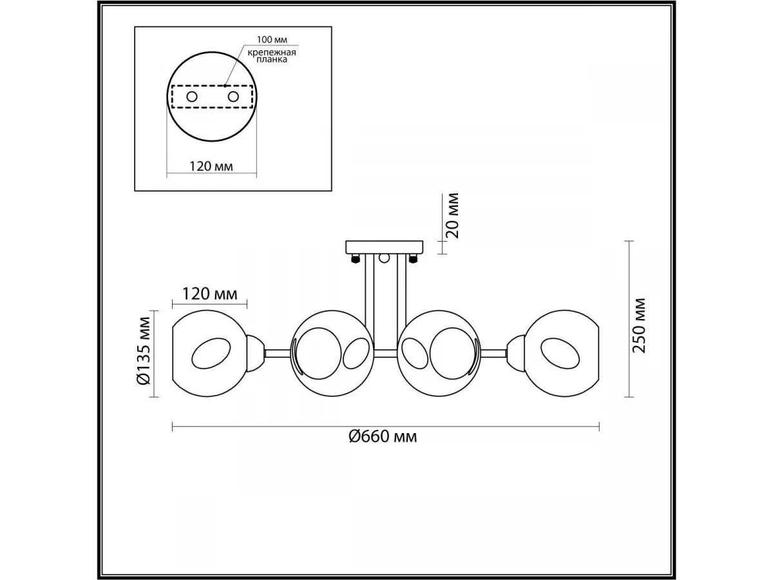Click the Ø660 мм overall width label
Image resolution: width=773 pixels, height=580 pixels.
(x=383, y=437)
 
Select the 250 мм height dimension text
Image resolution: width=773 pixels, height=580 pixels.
(x=639, y=325)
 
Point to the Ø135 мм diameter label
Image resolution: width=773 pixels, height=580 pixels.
(x=144, y=351)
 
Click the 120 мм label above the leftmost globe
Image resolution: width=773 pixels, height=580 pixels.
(x=210, y=294)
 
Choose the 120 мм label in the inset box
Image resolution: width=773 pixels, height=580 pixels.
(x=211, y=166)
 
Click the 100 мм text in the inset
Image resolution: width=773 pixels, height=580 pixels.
(x=272, y=40)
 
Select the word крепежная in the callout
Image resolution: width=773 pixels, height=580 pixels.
(x=272, y=53)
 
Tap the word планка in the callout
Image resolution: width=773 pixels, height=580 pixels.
(x=272, y=59)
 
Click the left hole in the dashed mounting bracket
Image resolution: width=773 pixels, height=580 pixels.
(x=192, y=97)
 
